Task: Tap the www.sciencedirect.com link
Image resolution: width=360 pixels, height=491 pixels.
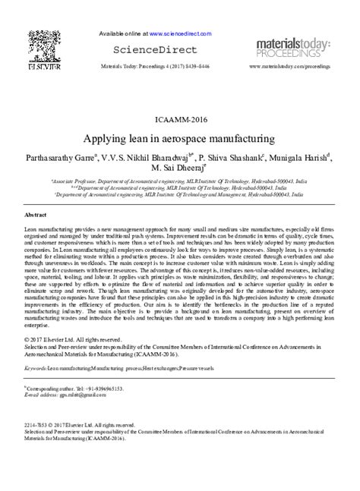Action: click(183, 34)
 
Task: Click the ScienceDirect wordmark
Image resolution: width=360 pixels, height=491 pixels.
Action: click(159, 50)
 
